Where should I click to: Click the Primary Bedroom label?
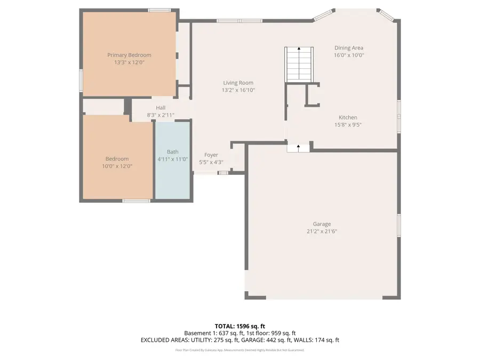pos(129,55)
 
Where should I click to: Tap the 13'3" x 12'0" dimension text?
pos(129,62)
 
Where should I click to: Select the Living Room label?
pos(238,83)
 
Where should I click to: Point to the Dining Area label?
pos(348,47)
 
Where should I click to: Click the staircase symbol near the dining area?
pos(299,64)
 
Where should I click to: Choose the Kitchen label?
pos(348,117)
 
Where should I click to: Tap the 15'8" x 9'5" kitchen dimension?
pos(348,125)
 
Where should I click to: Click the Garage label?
pos(322,224)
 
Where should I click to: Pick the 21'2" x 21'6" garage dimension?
pos(322,231)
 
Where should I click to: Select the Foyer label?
pos(211,155)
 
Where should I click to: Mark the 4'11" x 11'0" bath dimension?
pos(173,159)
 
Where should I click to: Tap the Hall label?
pos(161,108)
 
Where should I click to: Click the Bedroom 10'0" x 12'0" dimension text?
pos(117,166)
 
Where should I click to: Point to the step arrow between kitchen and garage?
pos(298,146)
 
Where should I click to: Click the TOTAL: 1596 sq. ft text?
pos(239,326)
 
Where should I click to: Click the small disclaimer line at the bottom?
pos(239,350)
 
